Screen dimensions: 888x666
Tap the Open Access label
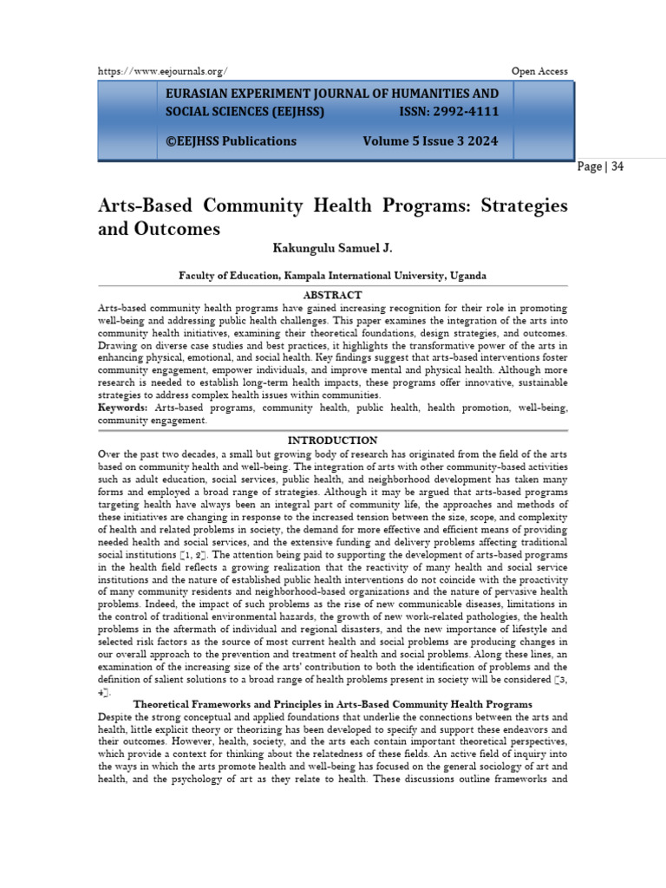point(540,71)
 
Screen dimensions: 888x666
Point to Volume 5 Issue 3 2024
point(430,141)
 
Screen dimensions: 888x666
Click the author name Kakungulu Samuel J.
point(333,249)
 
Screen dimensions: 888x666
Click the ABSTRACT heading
point(333,296)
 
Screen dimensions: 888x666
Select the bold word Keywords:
point(122,407)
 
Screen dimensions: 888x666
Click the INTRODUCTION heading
point(333,441)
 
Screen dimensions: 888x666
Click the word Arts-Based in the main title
point(144,206)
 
